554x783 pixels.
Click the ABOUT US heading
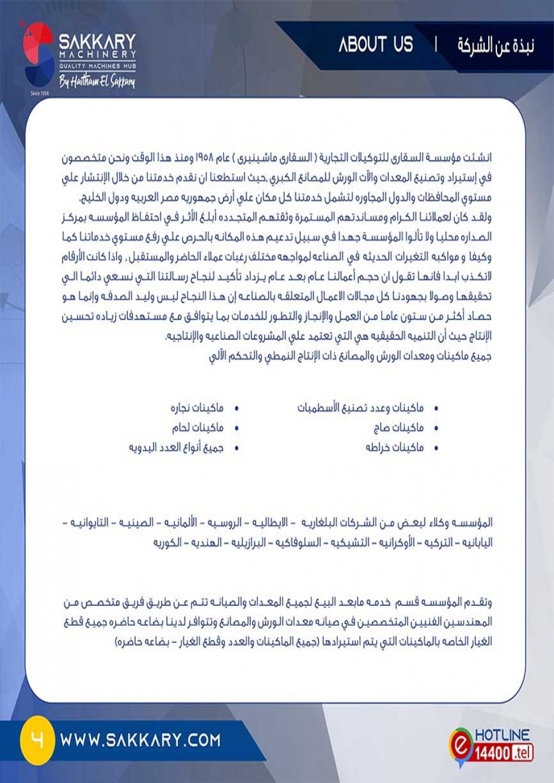(x=376, y=45)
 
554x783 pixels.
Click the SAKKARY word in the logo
(x=98, y=42)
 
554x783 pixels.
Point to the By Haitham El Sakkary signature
(x=97, y=83)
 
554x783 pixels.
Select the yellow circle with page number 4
(x=37, y=740)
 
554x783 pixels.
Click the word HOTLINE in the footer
(x=502, y=735)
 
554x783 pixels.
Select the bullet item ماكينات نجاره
(x=197, y=408)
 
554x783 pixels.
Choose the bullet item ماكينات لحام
(x=197, y=427)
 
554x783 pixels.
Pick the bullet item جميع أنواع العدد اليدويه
(x=176, y=447)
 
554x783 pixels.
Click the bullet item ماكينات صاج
(x=398, y=427)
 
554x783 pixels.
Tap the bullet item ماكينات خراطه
(x=394, y=447)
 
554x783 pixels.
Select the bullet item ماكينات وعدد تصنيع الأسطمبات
(x=360, y=408)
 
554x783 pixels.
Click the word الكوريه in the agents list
(x=167, y=542)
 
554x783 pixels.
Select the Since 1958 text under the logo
(x=40, y=93)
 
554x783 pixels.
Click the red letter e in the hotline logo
(x=459, y=745)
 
